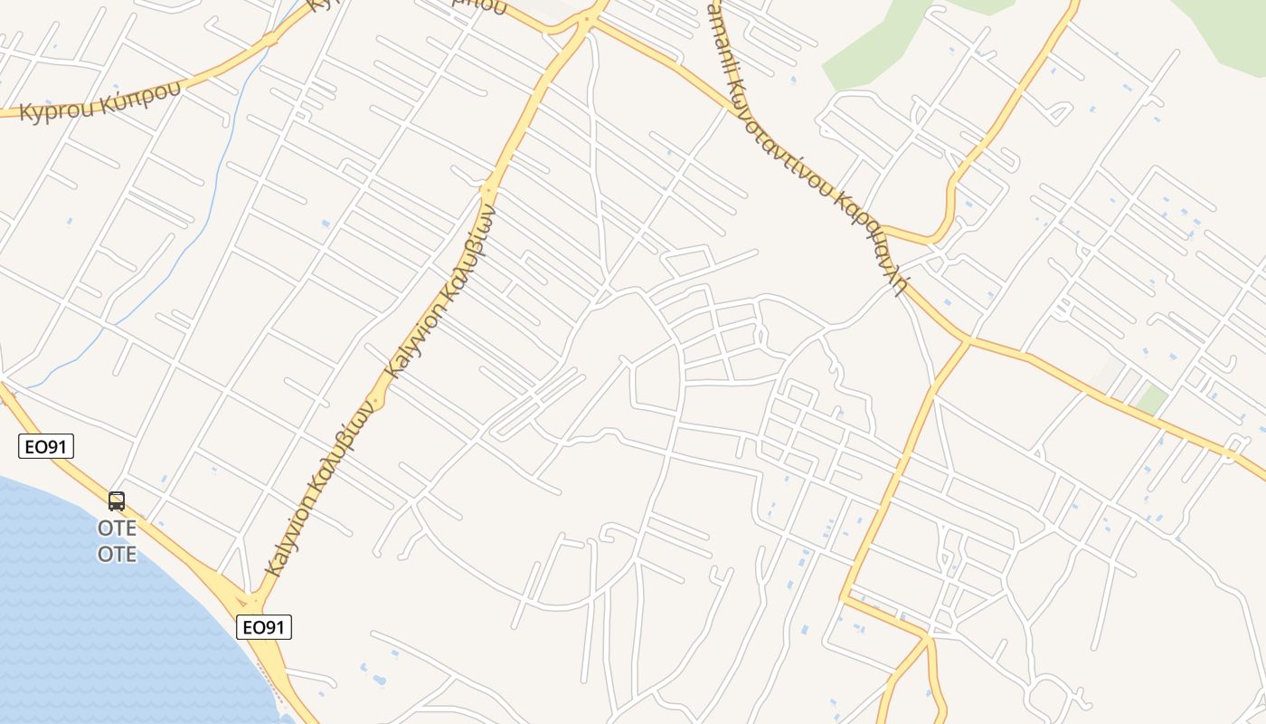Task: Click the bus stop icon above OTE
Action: [x=117, y=501]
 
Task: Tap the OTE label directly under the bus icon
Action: [x=117, y=528]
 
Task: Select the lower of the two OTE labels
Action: [x=117, y=554]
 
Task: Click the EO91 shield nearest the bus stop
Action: [x=45, y=446]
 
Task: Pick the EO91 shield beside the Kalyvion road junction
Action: [x=264, y=627]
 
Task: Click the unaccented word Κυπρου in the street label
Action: [x=52, y=110]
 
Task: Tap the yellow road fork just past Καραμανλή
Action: [x=968, y=341]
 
